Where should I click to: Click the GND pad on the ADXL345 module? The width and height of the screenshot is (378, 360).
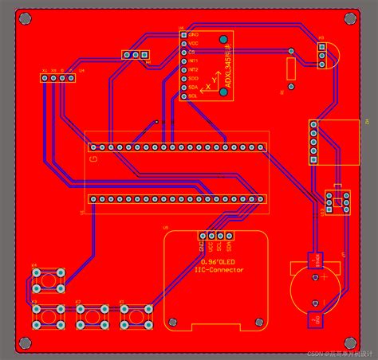pos(183,36)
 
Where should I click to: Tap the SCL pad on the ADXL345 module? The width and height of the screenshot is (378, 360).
pos(183,96)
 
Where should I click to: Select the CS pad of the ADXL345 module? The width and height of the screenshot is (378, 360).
pos(183,52)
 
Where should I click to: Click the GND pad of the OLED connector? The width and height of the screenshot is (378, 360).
pos(200,236)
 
